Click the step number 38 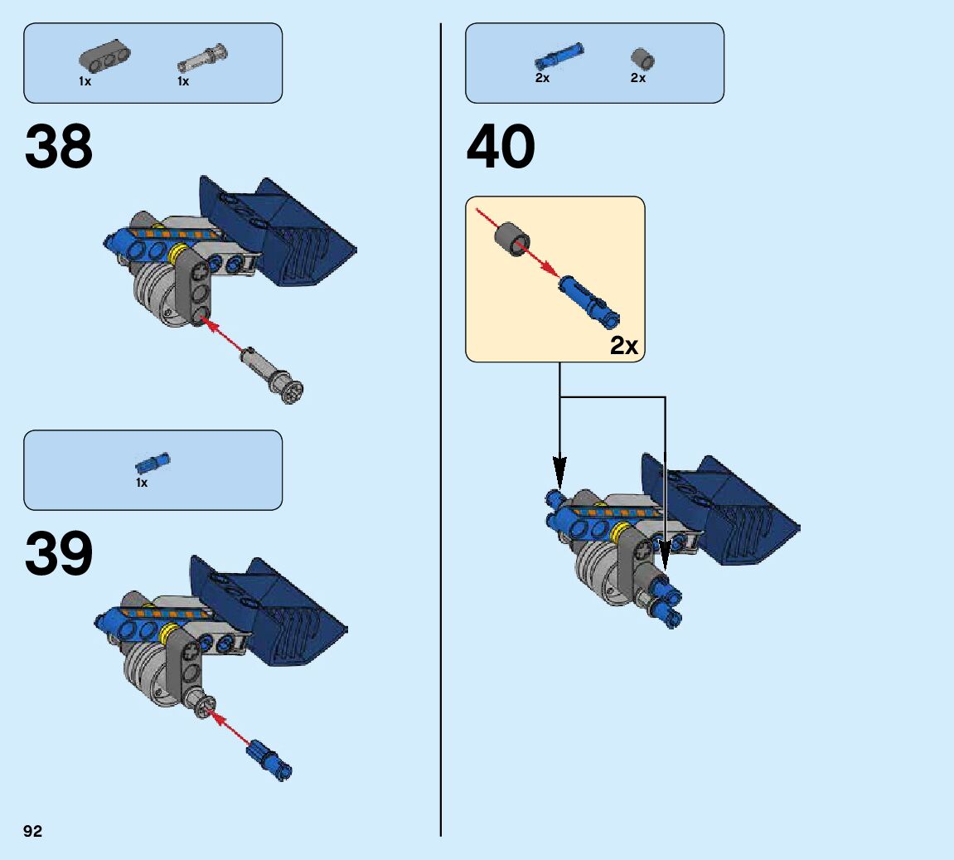coord(59,148)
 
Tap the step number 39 coord(59,554)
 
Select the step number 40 coord(501,148)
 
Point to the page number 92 coord(32,832)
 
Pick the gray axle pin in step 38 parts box coord(203,59)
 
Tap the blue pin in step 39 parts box coord(153,463)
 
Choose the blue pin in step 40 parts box coord(558,56)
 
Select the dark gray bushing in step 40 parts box coord(642,58)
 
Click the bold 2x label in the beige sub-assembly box coord(624,345)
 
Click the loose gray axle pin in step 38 coord(272,374)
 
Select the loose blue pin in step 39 coord(269,759)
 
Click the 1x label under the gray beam coord(85,81)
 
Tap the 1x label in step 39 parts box coord(142,483)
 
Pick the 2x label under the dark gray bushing coord(637,78)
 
